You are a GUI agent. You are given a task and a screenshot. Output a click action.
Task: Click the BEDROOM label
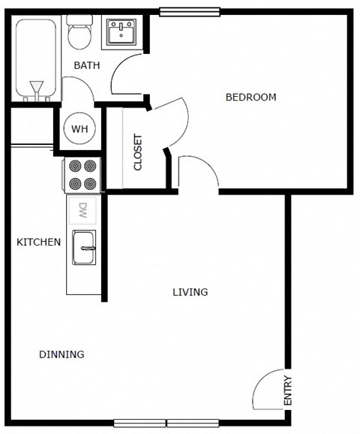250,97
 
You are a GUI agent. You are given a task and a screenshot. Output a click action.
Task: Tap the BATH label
86,66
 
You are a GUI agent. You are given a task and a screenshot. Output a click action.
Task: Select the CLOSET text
138,152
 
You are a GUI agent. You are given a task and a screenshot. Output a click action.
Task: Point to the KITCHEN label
39,242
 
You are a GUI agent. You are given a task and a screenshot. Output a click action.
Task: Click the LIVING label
190,292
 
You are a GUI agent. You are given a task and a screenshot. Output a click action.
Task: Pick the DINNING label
61,354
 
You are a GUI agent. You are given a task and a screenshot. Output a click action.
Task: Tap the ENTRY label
288,390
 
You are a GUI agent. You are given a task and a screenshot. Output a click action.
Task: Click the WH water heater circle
79,128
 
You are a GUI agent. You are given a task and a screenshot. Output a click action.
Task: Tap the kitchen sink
83,248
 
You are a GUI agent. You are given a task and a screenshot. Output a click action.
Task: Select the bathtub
35,59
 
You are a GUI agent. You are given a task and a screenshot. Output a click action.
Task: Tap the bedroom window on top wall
190,11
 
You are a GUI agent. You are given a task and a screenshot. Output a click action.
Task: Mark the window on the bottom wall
166,423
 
